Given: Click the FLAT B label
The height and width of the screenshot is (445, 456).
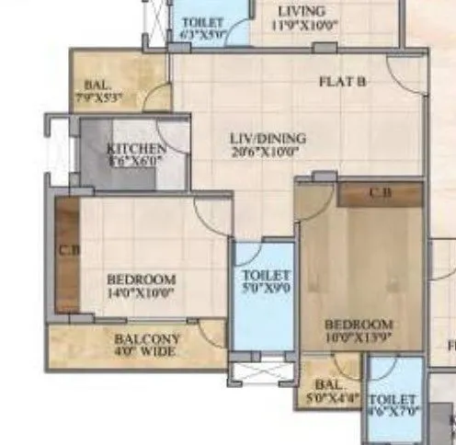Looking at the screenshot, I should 343,82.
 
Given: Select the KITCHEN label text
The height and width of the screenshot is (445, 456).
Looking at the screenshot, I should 136,149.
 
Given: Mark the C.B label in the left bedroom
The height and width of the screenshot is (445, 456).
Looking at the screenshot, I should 66,250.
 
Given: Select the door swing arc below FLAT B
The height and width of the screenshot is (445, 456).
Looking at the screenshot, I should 405,77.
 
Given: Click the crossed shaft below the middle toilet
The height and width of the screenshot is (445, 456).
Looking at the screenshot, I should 261,371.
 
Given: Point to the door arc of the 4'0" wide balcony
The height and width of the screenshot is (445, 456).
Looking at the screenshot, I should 212,332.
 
